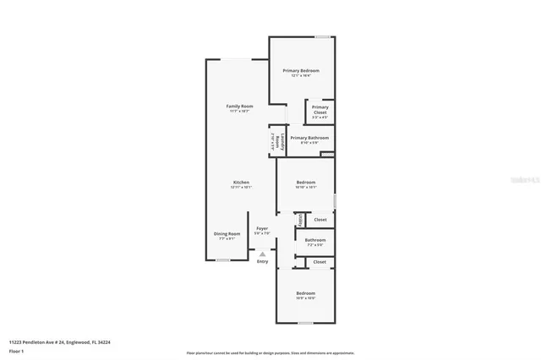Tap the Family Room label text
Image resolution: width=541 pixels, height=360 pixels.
pyautogui.click(x=241, y=106)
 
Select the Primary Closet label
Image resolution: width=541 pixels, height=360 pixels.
pyautogui.click(x=320, y=110)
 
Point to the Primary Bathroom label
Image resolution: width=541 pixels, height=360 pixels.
pyautogui.click(x=309, y=138)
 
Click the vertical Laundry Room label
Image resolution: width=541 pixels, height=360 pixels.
pyautogui.click(x=272, y=140)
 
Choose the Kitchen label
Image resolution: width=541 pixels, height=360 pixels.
pyautogui.click(x=241, y=183)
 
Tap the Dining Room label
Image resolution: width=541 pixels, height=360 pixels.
pyautogui.click(x=227, y=234)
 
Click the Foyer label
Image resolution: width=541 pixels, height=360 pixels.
pyautogui.click(x=262, y=228)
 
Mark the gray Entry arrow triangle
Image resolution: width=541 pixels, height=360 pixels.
pyautogui.click(x=262, y=253)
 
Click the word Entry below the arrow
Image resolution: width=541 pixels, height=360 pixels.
pyautogui.click(x=262, y=262)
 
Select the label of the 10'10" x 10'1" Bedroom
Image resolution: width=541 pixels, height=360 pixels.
pyautogui.click(x=306, y=183)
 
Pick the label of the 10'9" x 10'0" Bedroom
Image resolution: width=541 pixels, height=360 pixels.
pyautogui.click(x=306, y=293)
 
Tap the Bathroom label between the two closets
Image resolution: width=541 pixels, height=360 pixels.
pyautogui.click(x=315, y=241)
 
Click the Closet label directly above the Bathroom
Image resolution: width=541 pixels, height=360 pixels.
pyautogui.click(x=320, y=220)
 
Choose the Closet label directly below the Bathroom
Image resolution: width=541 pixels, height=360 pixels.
pyautogui.click(x=320, y=262)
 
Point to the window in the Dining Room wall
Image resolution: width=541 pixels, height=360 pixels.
pyautogui.click(x=221, y=260)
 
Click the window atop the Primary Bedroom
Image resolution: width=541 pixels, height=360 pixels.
pyautogui.click(x=322, y=36)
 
